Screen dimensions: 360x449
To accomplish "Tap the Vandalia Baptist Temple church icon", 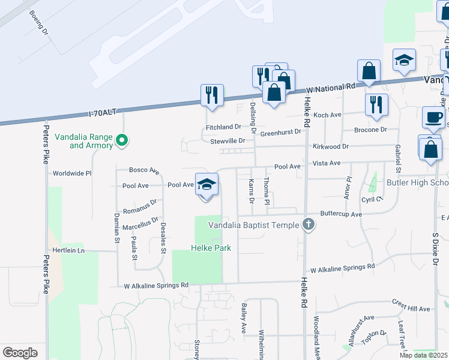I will pyautogui.click(x=309, y=224).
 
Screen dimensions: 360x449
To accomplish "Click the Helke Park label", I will pyautogui.click(x=211, y=248).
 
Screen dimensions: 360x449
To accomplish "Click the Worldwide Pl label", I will pyautogui.click(x=72, y=173).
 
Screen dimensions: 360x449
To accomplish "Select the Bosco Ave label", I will pyautogui.click(x=143, y=170).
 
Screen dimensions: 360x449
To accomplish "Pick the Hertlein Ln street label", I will pyautogui.click(x=68, y=250).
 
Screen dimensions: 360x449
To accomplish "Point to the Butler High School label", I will pyautogui.click(x=418, y=182).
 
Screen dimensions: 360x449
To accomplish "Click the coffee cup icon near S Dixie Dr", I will pyautogui.click(x=432, y=116).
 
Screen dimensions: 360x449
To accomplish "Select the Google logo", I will pyautogui.click(x=20, y=352).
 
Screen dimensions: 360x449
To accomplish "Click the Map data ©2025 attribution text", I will pyautogui.click(x=423, y=355).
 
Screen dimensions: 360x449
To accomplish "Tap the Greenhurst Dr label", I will pyautogui.click(x=280, y=132).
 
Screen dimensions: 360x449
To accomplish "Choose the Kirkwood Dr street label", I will pyautogui.click(x=330, y=146).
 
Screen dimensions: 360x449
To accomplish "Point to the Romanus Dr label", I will pyautogui.click(x=140, y=208).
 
